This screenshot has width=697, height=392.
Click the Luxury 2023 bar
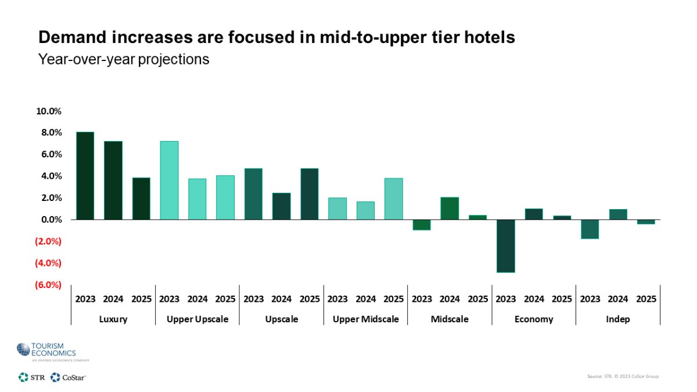(x=85, y=176)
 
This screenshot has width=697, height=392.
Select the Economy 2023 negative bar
(x=505, y=246)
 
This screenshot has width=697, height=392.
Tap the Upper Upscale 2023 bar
(x=169, y=181)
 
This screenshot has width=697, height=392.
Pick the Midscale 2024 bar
(x=450, y=208)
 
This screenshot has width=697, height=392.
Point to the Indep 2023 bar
(x=590, y=229)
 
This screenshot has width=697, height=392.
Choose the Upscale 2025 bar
(x=309, y=194)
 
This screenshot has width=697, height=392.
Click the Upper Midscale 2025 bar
(x=393, y=199)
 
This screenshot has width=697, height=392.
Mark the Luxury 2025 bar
(x=141, y=199)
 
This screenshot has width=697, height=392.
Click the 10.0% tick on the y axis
(x=49, y=111)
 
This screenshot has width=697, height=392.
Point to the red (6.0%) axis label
(x=49, y=285)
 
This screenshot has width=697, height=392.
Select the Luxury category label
(x=113, y=319)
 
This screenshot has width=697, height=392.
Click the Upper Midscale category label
(x=365, y=319)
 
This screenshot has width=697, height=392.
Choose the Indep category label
(x=618, y=319)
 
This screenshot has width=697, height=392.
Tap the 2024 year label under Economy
(x=534, y=299)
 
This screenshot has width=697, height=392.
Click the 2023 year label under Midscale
(x=422, y=299)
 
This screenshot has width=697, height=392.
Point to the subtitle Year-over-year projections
(x=123, y=59)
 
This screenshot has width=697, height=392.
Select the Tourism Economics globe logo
(x=24, y=350)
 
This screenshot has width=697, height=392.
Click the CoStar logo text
(x=74, y=377)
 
